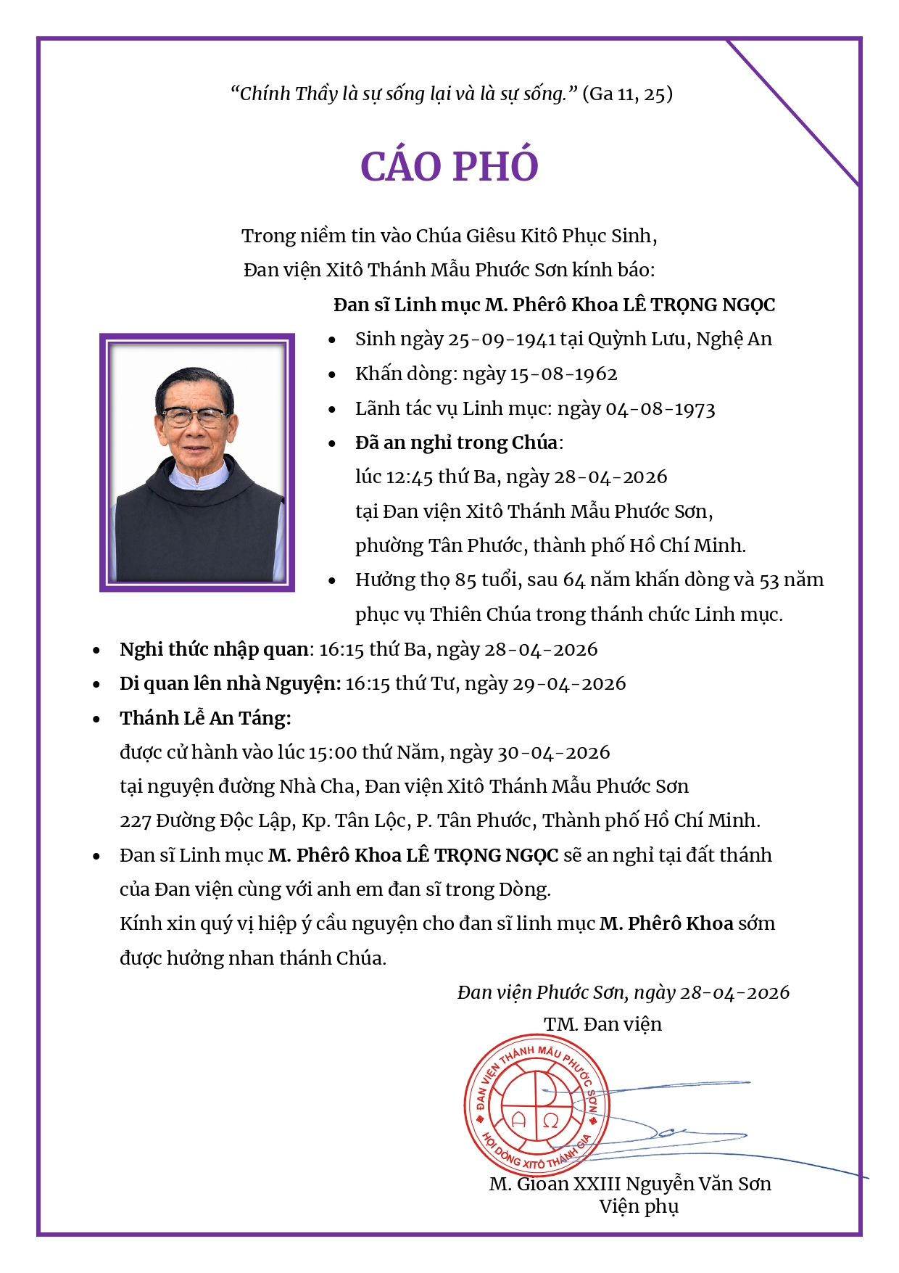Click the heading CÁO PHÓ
[449, 167]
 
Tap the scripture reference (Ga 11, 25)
[627, 94]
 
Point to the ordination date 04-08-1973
[660, 409]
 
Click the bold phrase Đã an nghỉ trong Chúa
[456, 442]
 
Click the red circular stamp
[536, 1104]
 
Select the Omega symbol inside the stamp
[550, 1120]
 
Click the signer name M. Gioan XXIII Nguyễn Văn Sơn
[630, 1184]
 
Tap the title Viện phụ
[638, 1207]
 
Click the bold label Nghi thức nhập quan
[214, 649]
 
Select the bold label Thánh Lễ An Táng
[205, 718]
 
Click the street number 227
[135, 821]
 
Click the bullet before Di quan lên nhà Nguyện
[96, 684]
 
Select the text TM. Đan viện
[602, 1024]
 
